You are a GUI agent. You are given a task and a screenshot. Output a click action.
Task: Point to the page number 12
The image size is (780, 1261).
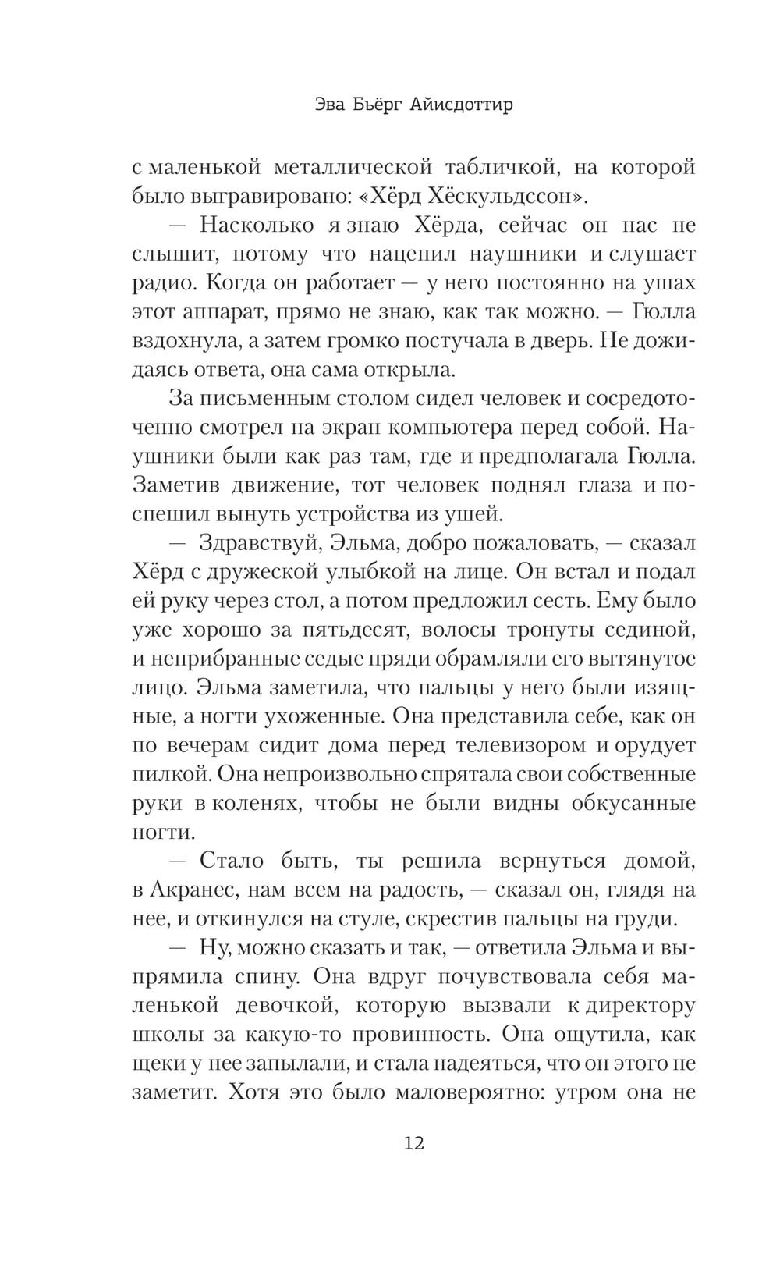tap(413, 1144)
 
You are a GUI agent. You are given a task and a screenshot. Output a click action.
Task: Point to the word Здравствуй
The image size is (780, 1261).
tap(250, 542)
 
